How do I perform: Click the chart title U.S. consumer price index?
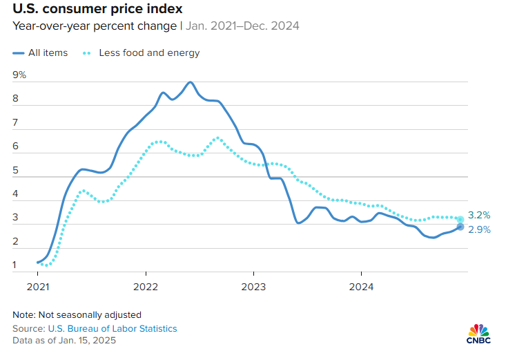[97, 10]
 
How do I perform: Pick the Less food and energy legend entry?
[142, 53]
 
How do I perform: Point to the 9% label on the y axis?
[19, 75]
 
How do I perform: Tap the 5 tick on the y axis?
[15, 170]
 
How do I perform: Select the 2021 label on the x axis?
[37, 285]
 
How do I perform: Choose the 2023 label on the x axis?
[253, 285]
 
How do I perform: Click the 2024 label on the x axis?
[361, 285]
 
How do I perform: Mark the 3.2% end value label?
[479, 215]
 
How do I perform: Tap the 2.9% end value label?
[479, 229]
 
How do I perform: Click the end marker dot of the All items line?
[460, 227]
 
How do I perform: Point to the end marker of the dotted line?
[460, 219]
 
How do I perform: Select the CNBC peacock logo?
[478, 333]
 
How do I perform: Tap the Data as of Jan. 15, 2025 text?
[64, 341]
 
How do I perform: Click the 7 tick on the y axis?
[15, 122]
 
